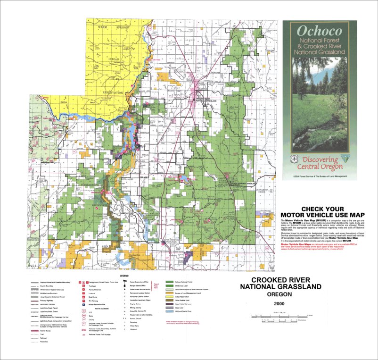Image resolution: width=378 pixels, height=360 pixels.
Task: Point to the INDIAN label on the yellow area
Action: [x=114, y=59]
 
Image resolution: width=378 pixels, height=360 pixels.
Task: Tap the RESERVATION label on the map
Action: [x=113, y=92]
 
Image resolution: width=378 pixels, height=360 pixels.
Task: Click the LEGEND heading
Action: [x=124, y=275]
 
